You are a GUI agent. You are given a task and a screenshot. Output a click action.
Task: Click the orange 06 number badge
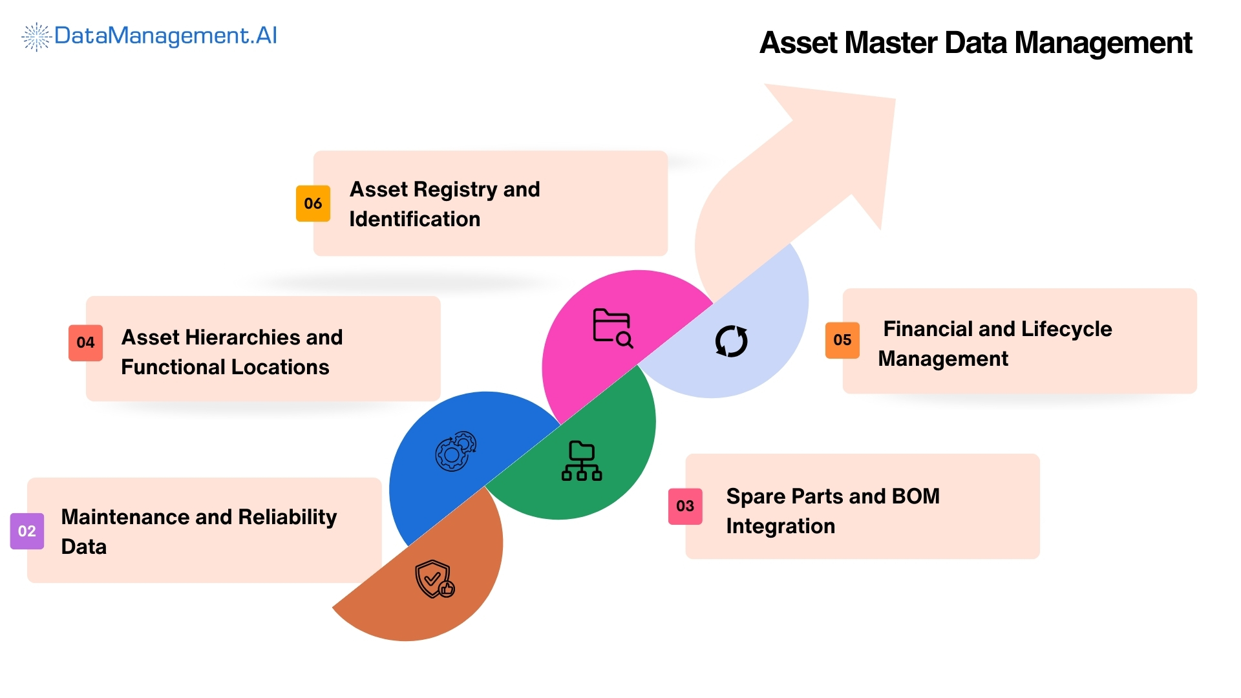(313, 204)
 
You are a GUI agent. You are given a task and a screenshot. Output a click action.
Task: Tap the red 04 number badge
(85, 343)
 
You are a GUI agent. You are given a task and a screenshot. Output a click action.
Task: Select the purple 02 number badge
(27, 531)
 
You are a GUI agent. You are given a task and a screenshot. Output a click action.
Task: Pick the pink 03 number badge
(685, 506)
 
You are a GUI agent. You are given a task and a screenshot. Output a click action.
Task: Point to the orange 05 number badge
(842, 340)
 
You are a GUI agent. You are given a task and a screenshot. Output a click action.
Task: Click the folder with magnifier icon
(613, 328)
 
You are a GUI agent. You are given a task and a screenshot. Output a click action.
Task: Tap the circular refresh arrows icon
(731, 341)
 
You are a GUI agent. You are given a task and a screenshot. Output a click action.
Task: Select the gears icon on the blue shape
(456, 451)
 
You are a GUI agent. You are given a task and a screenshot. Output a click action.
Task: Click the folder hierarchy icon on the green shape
(582, 461)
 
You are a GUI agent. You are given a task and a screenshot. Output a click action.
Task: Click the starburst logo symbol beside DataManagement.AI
(36, 37)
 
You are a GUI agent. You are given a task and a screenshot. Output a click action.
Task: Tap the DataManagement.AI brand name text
(165, 36)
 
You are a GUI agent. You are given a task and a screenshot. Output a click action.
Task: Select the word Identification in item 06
(414, 219)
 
